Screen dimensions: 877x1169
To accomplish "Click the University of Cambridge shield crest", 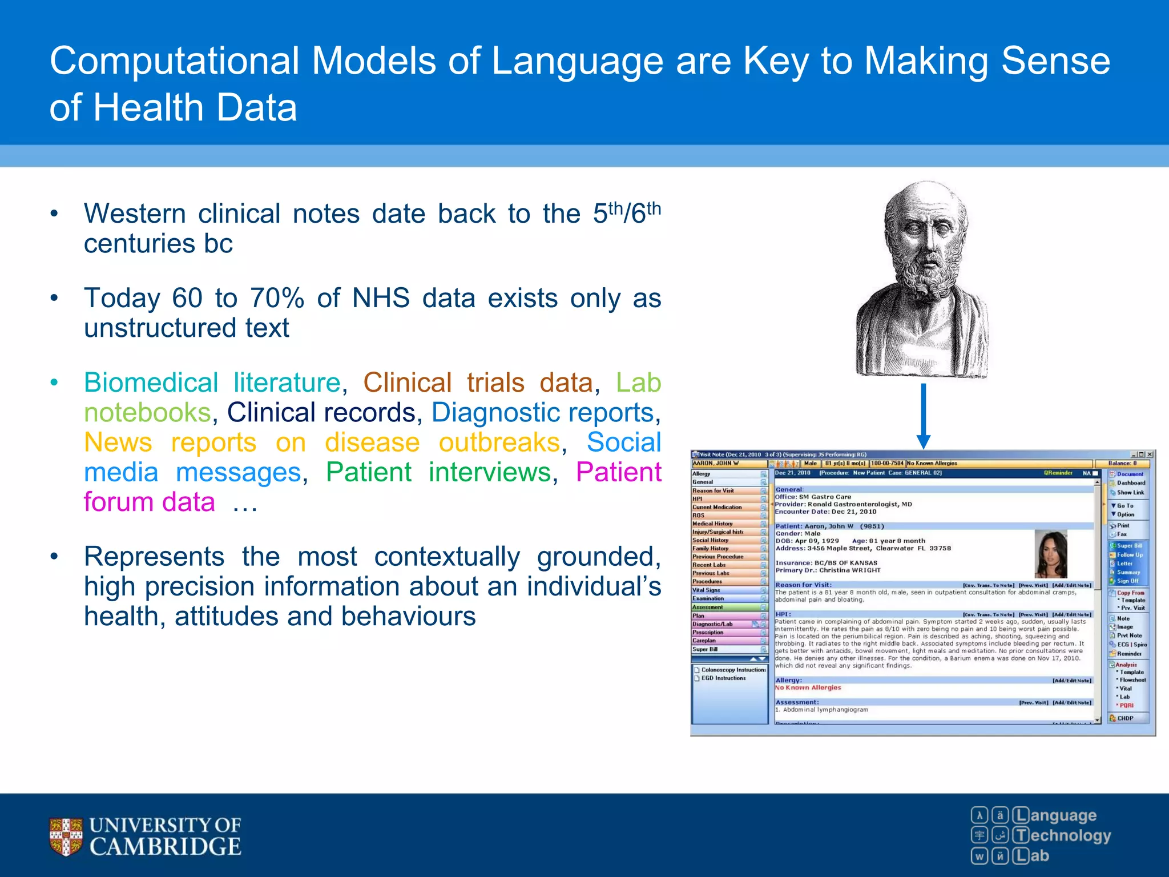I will pyautogui.click(x=66, y=836).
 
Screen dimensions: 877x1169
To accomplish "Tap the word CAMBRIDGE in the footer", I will pyautogui.click(x=165, y=847).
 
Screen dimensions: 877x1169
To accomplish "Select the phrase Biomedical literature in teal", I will pyautogui.click(x=212, y=383).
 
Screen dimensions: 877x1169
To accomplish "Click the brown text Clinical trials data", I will pyautogui.click(x=478, y=383).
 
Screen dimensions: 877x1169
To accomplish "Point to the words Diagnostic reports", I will pyautogui.click(x=542, y=412).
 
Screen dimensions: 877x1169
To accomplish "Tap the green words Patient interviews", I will pyautogui.click(x=438, y=472).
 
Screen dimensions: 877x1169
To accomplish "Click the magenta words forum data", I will pyautogui.click(x=149, y=502).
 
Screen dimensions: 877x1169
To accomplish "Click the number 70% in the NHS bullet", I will pyautogui.click(x=277, y=298).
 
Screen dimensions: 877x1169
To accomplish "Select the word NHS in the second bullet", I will pyautogui.click(x=381, y=298).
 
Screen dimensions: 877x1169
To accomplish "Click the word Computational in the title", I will pyautogui.click(x=174, y=61).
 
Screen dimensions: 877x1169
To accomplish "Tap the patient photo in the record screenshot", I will pyautogui.click(x=1051, y=553).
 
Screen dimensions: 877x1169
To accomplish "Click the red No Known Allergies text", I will pyautogui.click(x=808, y=687).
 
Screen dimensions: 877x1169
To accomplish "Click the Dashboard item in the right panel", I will pyautogui.click(x=1131, y=482).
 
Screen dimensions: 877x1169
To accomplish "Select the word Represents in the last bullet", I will pyautogui.click(x=154, y=557).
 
